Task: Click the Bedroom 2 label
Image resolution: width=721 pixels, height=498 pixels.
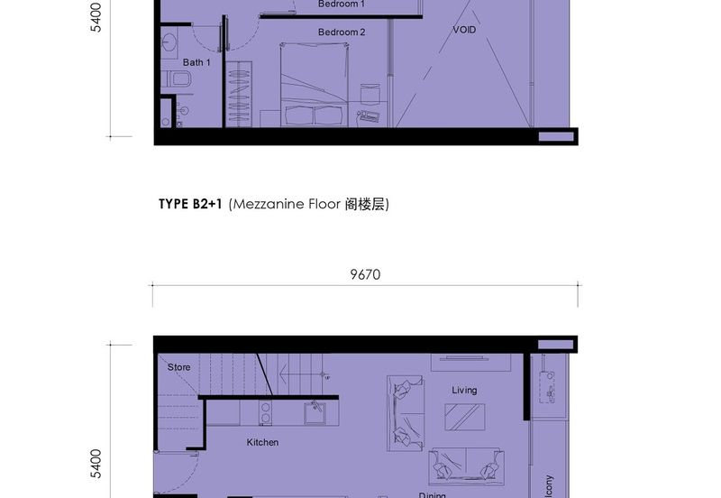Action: click(x=342, y=32)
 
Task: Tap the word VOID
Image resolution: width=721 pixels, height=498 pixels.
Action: click(x=464, y=30)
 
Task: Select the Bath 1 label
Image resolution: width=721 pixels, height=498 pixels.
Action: click(x=196, y=62)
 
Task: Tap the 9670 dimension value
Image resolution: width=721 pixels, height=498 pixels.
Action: click(x=365, y=275)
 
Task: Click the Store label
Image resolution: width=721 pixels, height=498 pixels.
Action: click(x=179, y=367)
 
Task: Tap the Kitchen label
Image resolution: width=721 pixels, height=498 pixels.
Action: click(x=262, y=442)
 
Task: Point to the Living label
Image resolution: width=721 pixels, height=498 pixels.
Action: click(x=464, y=390)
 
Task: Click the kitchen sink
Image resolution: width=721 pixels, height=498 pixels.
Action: click(x=315, y=412)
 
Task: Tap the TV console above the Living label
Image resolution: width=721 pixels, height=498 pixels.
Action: click(x=470, y=362)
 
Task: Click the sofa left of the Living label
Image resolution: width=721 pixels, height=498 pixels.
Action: click(x=406, y=413)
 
